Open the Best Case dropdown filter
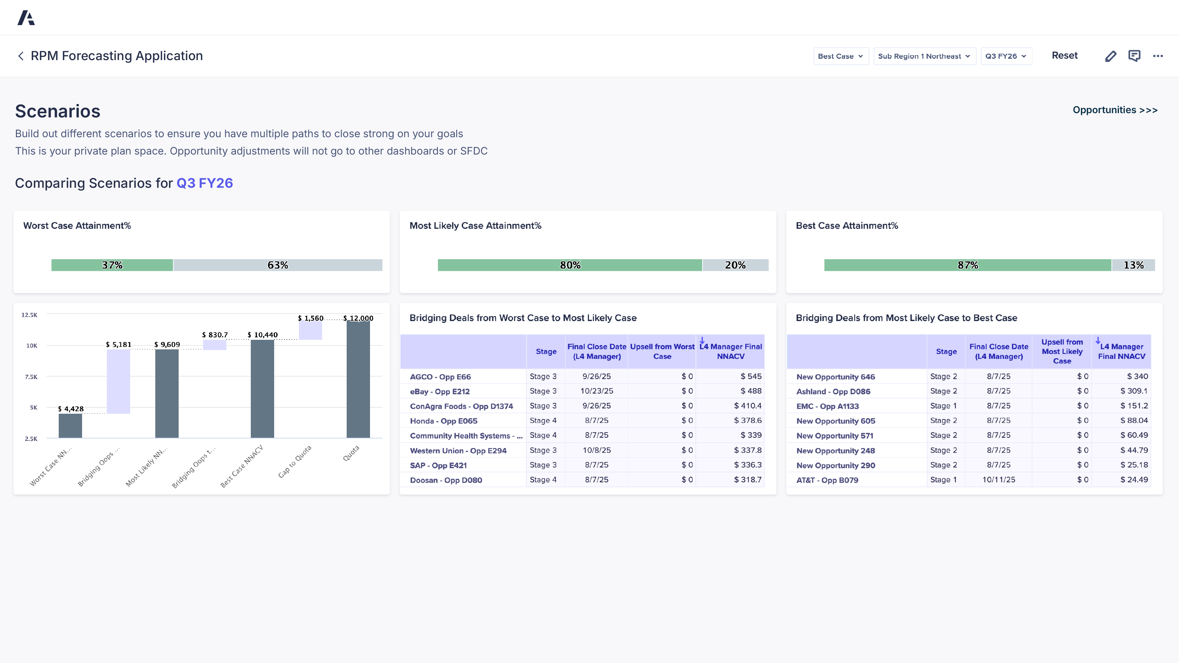tap(840, 56)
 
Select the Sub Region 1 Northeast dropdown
tap(924, 56)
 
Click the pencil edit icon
tap(1110, 56)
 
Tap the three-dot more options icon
tap(1157, 56)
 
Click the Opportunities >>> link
tap(1115, 110)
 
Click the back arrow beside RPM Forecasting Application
tap(21, 56)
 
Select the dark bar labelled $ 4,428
tap(70, 425)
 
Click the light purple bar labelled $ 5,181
tap(118, 381)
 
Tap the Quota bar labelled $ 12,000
tap(358, 380)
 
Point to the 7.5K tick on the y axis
tap(31, 377)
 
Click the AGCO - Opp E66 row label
tap(440, 377)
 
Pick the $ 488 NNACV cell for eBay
tap(751, 391)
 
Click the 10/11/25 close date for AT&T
tap(998, 479)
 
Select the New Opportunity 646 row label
tap(835, 377)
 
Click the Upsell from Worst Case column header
tap(662, 351)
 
